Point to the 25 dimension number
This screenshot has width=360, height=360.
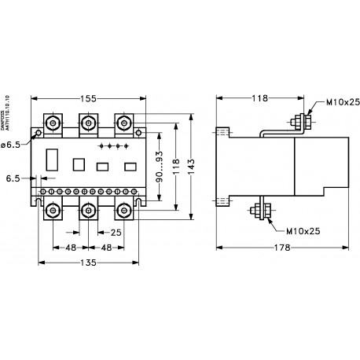pyautogui.click(x=116, y=233)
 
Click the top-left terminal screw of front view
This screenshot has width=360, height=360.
pyautogui.click(x=53, y=123)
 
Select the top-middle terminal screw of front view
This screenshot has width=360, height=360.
pyautogui.click(x=86, y=123)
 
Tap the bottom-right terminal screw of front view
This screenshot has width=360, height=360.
pyautogui.click(x=123, y=211)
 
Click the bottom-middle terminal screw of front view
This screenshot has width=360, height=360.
pyautogui.click(x=86, y=211)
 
